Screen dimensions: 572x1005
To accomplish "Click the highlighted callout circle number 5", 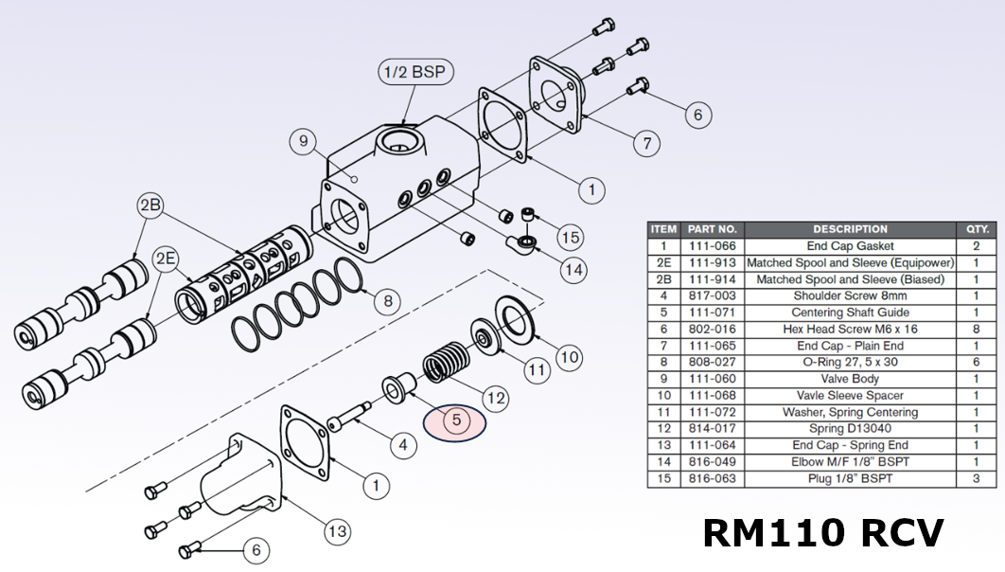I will pos(454,420).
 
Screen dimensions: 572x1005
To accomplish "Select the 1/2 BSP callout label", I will pos(413,72).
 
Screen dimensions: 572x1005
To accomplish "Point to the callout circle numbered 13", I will pos(337,531).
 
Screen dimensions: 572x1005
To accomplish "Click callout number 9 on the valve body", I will pos(303,141).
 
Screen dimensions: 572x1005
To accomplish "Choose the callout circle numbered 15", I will pos(570,237).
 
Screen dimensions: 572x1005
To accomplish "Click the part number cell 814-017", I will pos(712,429).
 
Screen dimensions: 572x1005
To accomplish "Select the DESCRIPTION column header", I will pos(849,229).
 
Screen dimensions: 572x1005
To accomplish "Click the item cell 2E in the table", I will pos(663,262).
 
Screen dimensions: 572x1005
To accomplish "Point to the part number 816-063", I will pos(712,479).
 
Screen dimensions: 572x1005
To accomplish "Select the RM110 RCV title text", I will pos(822,533).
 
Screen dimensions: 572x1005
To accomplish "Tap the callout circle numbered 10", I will pos(568,357).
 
